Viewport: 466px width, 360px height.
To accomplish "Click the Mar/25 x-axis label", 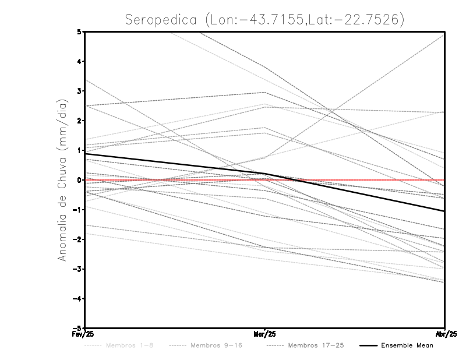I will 265,334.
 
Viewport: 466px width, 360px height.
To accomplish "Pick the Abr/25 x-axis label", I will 445,334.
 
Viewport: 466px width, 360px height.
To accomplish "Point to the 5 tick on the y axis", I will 79,31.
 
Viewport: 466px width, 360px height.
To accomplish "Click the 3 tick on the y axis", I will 79,91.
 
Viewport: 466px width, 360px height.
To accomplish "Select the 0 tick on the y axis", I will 79,180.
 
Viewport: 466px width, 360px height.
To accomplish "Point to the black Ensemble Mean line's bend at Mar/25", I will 265,174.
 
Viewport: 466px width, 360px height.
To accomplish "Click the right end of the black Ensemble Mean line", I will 444,211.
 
